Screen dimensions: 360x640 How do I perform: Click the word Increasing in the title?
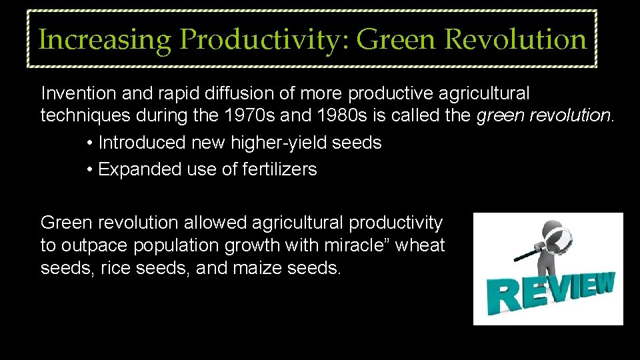[x=105, y=40]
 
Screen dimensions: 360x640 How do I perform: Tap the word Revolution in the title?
[x=515, y=40]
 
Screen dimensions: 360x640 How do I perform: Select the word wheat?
[x=421, y=246]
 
